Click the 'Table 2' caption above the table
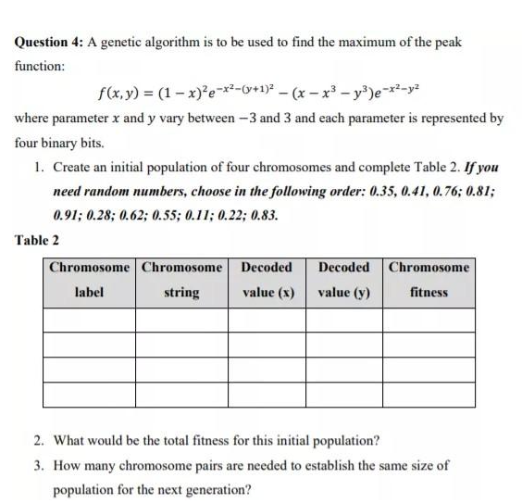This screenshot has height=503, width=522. coord(37,240)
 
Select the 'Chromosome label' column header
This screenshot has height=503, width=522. coord(90,280)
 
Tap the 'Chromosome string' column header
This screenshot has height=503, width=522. coord(181,280)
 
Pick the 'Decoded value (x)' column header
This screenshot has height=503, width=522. coord(267,280)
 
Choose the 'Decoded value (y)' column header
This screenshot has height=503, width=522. coord(344,280)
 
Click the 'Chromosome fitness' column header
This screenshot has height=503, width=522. coord(429,280)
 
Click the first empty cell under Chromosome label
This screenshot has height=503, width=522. coord(90,321)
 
